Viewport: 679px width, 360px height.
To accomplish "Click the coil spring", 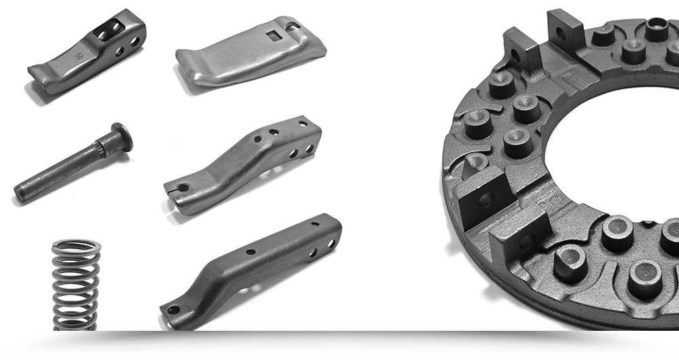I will (76, 284).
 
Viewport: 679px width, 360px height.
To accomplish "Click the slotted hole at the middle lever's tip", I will (181, 187).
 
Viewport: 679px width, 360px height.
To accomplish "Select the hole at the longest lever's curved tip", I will (173, 310).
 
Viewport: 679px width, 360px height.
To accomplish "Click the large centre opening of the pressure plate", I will (611, 149).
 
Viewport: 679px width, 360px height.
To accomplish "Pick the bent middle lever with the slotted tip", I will (244, 163).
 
